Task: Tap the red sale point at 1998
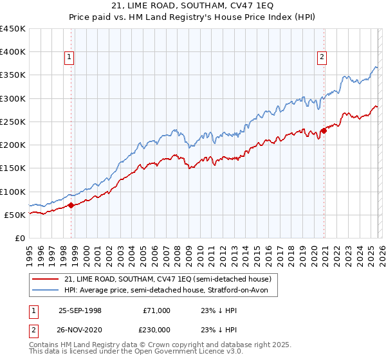click(x=71, y=205)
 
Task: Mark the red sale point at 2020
click(x=324, y=130)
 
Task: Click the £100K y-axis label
click(x=13, y=192)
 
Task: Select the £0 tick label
click(x=21, y=238)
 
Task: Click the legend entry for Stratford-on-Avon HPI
click(x=170, y=291)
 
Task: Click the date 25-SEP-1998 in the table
click(x=80, y=310)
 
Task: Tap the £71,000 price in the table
click(x=156, y=310)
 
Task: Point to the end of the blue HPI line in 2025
click(x=377, y=67)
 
